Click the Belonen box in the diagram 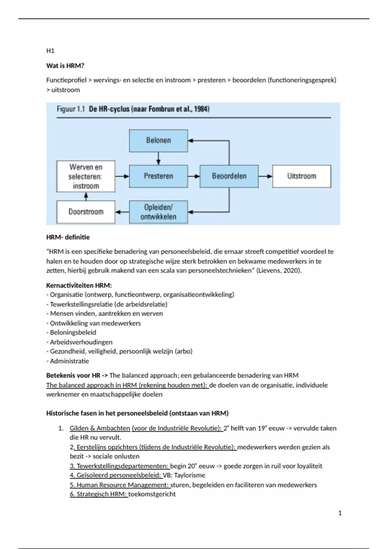coord(158,140)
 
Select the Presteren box coord(158,176)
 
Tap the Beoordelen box coord(229,176)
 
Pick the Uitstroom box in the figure coord(302,176)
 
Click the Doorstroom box coord(86,212)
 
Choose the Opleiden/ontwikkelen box coord(158,212)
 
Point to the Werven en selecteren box coord(86,176)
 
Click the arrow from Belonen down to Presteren coord(158,158)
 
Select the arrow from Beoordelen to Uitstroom coord(265,176)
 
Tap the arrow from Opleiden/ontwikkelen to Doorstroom coord(122,212)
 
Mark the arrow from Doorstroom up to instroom coord(86,196)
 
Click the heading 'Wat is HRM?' coord(65,66)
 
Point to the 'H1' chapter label coord(50,51)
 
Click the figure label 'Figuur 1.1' coord(71,109)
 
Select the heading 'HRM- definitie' coord(68,237)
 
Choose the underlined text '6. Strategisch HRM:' coord(99,494)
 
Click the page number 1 coord(340,513)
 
